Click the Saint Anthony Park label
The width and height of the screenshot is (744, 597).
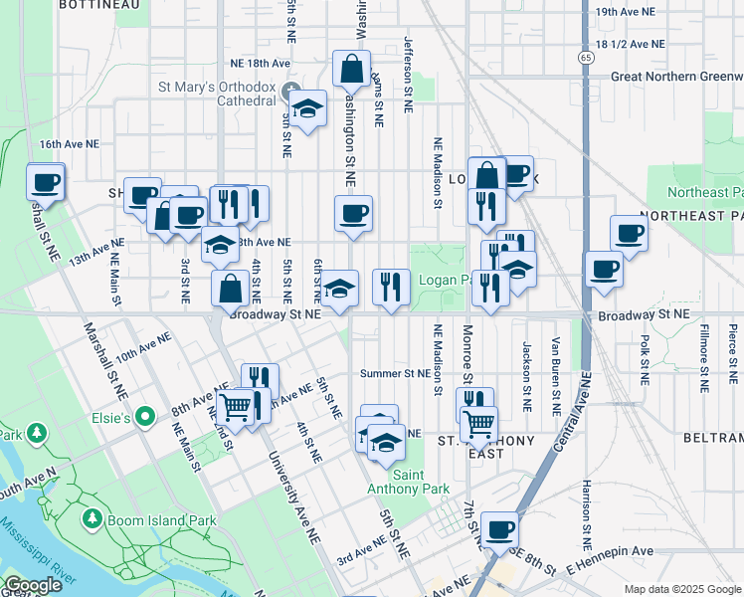pyautogui.click(x=421, y=482)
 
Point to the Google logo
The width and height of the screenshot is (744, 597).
pyautogui.click(x=33, y=585)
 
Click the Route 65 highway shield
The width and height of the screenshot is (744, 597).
pyautogui.click(x=586, y=58)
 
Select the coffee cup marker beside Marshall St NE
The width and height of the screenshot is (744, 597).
pyautogui.click(x=45, y=181)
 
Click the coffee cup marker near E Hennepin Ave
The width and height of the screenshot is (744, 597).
pyautogui.click(x=499, y=529)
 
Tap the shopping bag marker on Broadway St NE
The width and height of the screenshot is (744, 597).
pyautogui.click(x=230, y=289)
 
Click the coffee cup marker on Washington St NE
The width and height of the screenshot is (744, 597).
pyautogui.click(x=353, y=213)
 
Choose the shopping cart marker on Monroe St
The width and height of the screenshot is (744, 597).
pyautogui.click(x=478, y=425)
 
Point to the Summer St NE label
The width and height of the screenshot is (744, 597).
pyautogui.click(x=395, y=374)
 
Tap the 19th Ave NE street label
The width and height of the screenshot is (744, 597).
pyautogui.click(x=626, y=12)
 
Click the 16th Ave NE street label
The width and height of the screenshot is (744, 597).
pyautogui.click(x=70, y=144)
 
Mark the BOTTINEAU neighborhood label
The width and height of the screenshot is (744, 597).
pyautogui.click(x=97, y=5)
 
